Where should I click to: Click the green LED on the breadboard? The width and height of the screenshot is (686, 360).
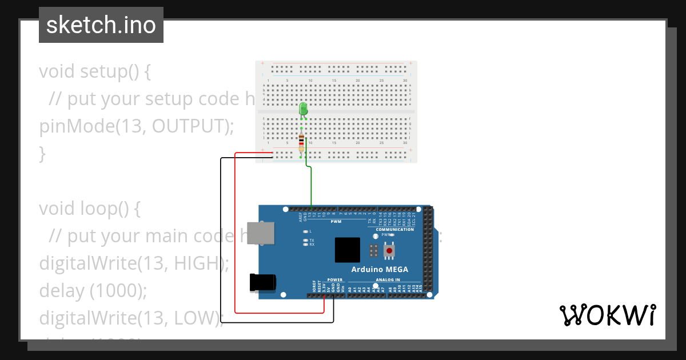(304, 109)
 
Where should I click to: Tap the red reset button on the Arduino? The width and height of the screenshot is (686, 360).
(390, 250)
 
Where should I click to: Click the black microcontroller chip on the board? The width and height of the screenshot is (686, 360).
(347, 250)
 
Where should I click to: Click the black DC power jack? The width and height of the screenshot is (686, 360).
(263, 283)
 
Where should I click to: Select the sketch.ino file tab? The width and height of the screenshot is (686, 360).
(101, 25)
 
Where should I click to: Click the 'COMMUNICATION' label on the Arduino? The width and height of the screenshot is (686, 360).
(394, 229)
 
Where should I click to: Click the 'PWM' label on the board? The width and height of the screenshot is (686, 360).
(336, 221)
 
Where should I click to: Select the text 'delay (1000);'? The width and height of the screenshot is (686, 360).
(93, 291)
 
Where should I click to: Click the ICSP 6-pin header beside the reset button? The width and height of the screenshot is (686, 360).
(373, 250)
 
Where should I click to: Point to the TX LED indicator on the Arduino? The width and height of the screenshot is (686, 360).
(306, 241)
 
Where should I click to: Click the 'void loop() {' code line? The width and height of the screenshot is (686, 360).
(90, 209)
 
